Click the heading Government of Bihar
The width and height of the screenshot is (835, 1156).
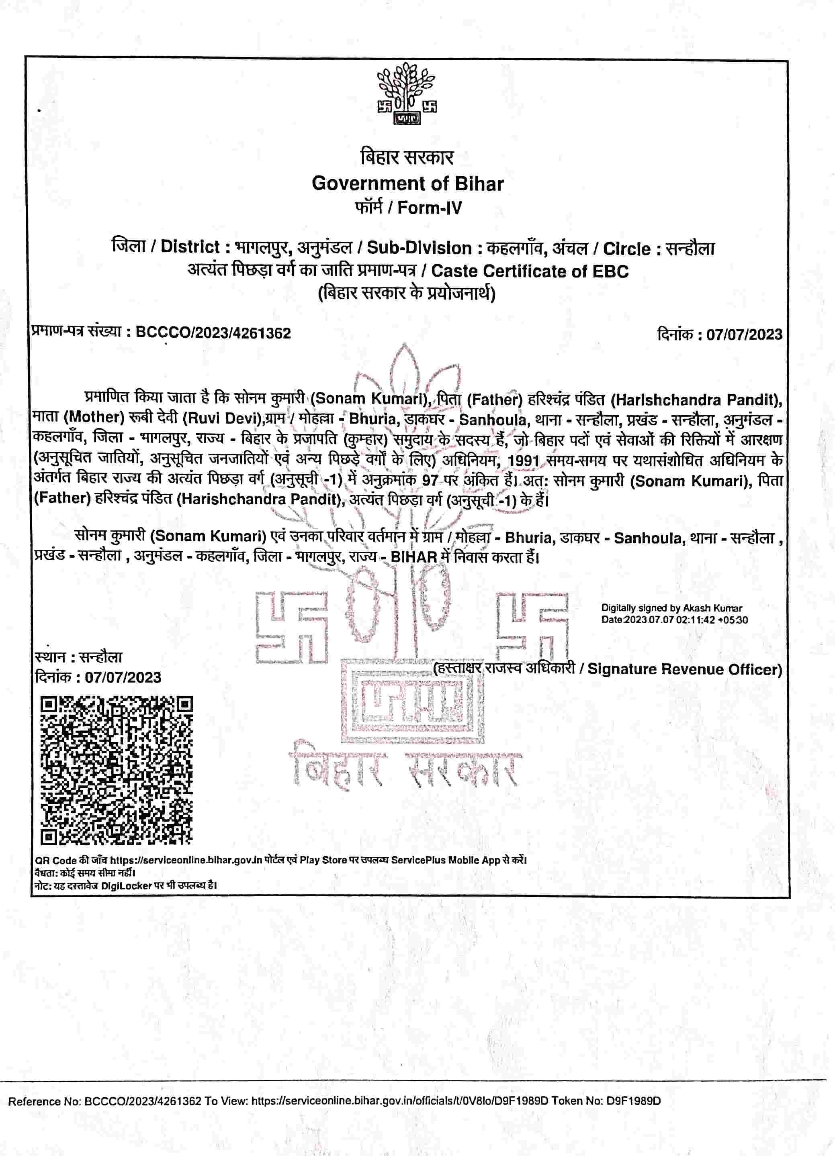tap(407, 183)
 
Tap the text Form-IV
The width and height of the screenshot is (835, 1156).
tap(430, 208)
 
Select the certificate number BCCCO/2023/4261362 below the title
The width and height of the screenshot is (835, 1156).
tap(213, 333)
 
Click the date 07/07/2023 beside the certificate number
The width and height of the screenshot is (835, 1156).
tap(744, 334)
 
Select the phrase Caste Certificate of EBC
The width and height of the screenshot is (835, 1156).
tap(530, 271)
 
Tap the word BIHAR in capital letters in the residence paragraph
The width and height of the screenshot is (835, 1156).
tap(413, 557)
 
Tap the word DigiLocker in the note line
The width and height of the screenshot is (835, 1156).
tap(126, 885)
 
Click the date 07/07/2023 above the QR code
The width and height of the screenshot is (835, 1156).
tap(123, 677)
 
